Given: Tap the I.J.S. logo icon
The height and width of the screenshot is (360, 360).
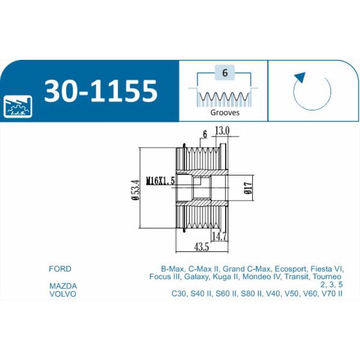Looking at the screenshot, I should pos(18,107).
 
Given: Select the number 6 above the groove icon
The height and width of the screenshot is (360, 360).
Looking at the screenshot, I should pos(224,72).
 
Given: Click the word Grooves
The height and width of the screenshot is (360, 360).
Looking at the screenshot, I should pos(225,113).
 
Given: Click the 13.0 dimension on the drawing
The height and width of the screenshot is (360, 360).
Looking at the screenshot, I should pos(222,130).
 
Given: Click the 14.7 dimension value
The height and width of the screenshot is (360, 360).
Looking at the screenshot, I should pos(219,236).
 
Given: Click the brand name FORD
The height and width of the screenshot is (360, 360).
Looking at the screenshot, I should pos(60,269).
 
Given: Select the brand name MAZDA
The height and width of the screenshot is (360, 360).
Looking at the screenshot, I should pos(63,286).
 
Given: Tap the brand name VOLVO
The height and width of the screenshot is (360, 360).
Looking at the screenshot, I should pos(62,294).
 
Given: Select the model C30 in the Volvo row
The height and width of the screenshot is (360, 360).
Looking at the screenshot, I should pos(179,294).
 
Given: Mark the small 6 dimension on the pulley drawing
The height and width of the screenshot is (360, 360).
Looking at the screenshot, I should pos(204,134).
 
